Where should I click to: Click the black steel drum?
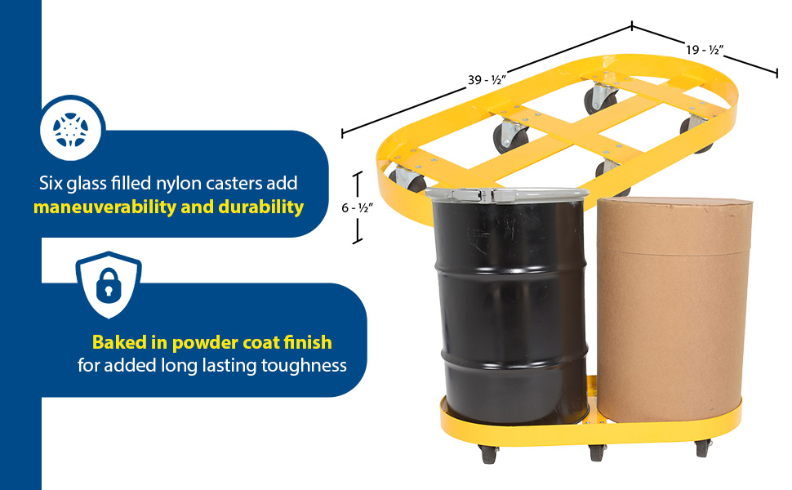pyautogui.click(x=510, y=310)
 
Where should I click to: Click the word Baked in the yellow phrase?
pyautogui.click(x=115, y=341)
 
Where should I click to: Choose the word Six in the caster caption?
pyautogui.click(x=51, y=183)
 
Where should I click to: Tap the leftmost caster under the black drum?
pyautogui.click(x=488, y=453)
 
